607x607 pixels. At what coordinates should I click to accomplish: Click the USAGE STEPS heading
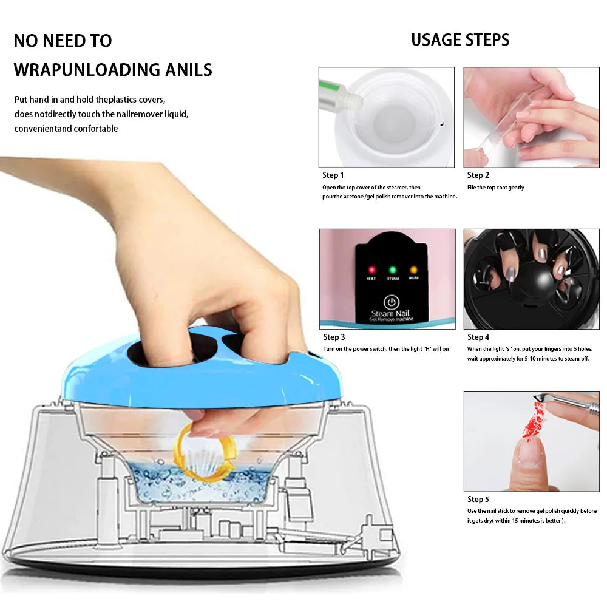tap(460, 40)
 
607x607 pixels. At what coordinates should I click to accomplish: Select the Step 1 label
tap(333, 175)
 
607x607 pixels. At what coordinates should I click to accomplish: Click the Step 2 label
tap(478, 175)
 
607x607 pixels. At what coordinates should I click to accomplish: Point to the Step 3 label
tap(334, 337)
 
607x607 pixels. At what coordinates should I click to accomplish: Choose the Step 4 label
tap(478, 337)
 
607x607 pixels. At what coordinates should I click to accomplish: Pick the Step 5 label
tap(478, 500)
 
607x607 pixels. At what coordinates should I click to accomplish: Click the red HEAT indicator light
tap(371, 270)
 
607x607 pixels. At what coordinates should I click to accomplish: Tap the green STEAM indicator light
tap(392, 270)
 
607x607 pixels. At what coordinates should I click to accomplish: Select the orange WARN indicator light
tap(413, 270)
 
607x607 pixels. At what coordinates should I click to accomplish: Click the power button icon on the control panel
tap(392, 302)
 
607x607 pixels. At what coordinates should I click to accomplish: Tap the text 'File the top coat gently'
tap(495, 188)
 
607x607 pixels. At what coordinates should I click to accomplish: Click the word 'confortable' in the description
tap(96, 129)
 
